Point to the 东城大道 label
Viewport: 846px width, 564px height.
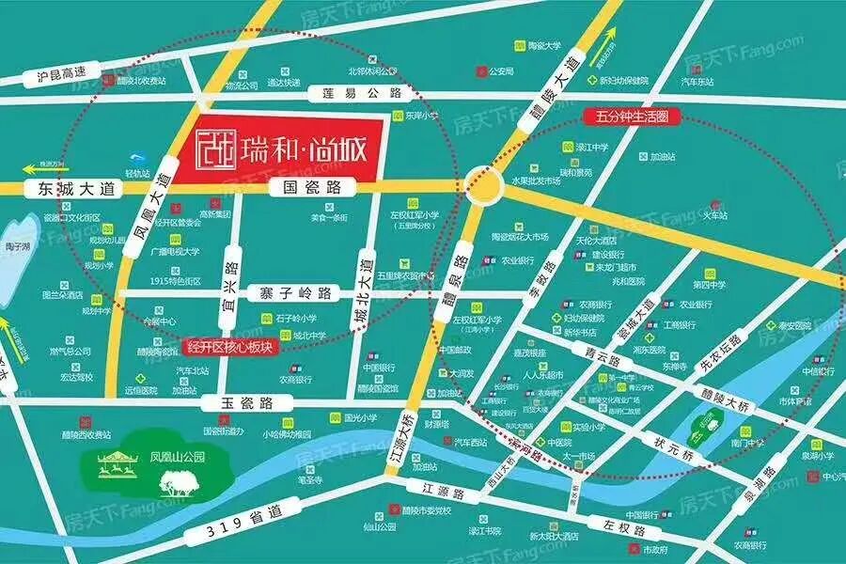(x=82, y=189)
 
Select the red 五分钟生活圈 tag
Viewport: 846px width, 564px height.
(x=632, y=117)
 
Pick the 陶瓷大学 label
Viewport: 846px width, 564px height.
(x=543, y=44)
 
